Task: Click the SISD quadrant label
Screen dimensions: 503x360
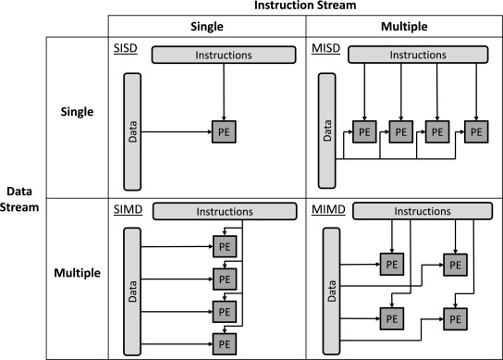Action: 126,48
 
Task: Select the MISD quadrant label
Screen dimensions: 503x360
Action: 325,48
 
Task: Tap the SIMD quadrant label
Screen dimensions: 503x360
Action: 128,209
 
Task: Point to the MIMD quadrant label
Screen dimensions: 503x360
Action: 328,209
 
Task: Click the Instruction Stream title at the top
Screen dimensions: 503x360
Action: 305,6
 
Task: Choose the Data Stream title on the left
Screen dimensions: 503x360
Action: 19,199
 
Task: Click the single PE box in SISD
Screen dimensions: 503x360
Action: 224,131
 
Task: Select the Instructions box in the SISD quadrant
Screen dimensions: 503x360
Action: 224,55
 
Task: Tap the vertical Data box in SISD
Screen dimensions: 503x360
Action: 132,131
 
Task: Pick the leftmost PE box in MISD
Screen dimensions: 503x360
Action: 364,131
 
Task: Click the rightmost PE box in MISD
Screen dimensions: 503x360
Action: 476,131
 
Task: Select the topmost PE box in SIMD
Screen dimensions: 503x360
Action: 225,247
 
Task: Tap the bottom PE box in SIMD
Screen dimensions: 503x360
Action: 225,344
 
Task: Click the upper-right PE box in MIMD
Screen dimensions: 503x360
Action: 455,265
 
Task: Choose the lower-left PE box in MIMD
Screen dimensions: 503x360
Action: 392,319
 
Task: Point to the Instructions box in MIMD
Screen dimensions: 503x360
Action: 423,211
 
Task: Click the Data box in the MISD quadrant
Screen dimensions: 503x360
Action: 327,130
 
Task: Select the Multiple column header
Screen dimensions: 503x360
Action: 404,26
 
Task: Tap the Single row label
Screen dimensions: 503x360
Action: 77,112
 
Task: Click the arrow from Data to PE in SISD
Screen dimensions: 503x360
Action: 177,131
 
